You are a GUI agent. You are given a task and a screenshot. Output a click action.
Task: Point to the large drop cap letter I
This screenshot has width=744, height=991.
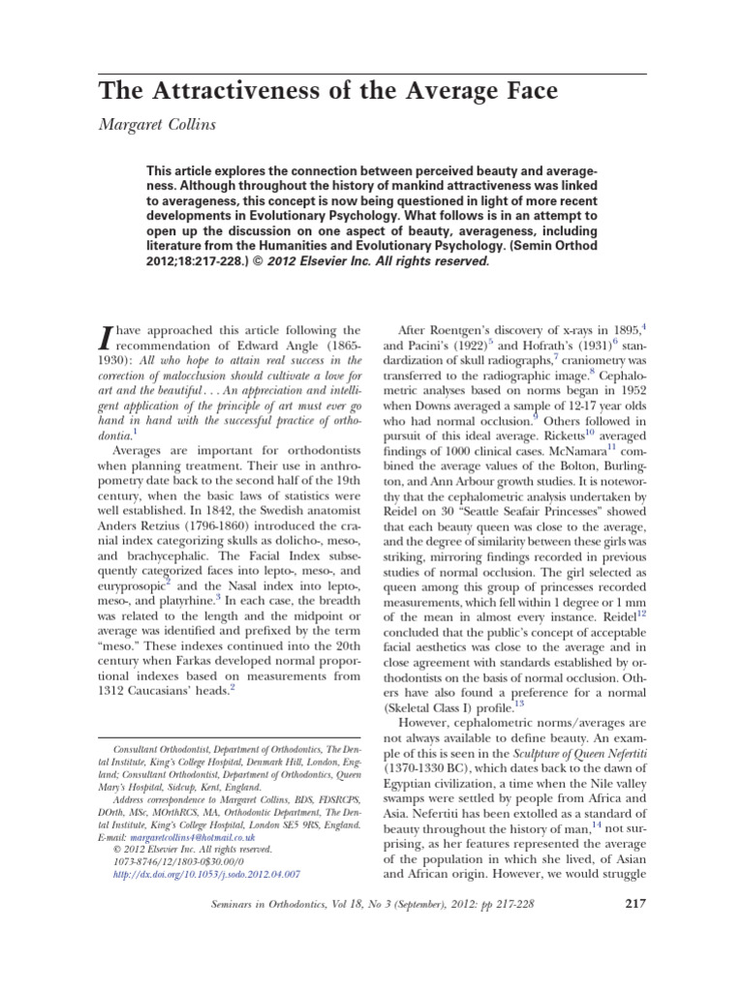(x=108, y=338)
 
